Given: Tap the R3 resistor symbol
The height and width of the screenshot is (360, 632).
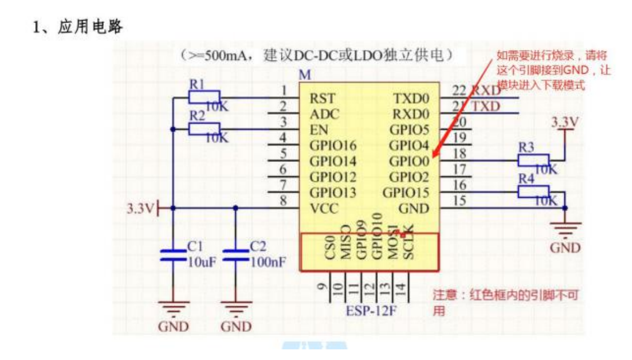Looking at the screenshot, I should point(533,161).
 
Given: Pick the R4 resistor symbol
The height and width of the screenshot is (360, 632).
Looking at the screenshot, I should point(533,193).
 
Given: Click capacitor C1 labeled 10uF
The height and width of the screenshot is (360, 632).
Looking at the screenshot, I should point(173,255).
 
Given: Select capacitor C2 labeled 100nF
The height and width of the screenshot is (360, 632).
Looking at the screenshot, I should point(235,255).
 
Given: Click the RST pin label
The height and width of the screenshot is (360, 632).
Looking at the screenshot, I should point(323,99).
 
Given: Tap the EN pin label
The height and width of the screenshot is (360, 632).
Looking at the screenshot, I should point(318,130).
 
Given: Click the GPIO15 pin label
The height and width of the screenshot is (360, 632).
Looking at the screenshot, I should point(406,193).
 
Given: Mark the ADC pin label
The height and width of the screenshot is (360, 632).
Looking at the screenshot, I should point(323,114).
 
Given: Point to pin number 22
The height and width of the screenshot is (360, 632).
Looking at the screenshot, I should point(459,90).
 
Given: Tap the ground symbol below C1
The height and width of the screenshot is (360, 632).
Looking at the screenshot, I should point(173,309).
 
